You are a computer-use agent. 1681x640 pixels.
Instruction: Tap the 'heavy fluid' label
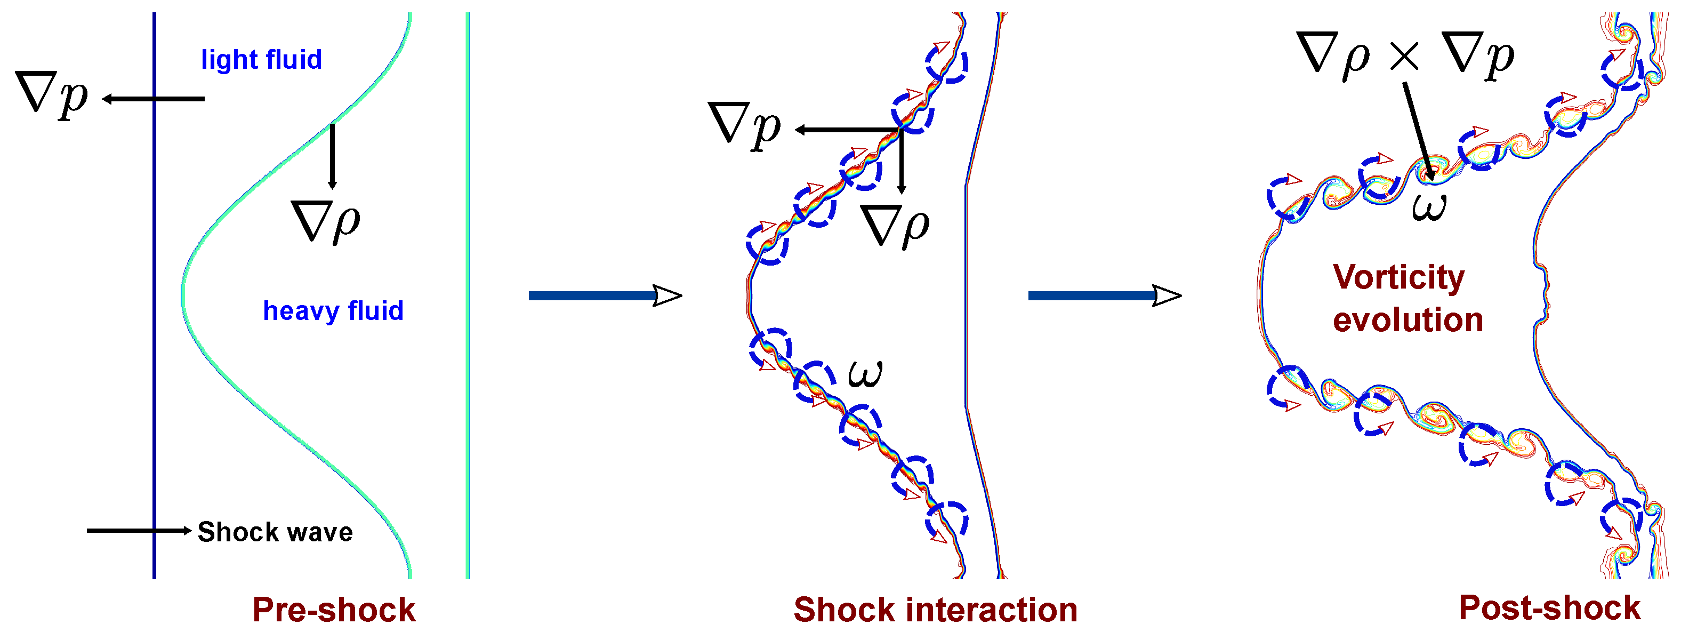click(x=333, y=311)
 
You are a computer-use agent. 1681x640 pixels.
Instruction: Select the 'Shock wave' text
click(x=275, y=532)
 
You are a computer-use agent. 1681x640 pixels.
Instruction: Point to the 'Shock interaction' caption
click(x=935, y=610)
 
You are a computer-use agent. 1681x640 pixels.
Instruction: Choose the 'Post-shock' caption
click(x=1549, y=608)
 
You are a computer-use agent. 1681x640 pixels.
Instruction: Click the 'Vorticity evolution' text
click(x=1407, y=299)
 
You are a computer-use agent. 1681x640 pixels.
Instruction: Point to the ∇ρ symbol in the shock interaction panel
click(x=895, y=225)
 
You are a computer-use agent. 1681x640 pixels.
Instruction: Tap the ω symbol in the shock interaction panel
click(x=865, y=373)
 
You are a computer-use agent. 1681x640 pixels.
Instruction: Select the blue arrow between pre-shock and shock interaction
click(x=604, y=296)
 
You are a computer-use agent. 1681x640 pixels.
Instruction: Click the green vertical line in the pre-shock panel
click(x=468, y=294)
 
